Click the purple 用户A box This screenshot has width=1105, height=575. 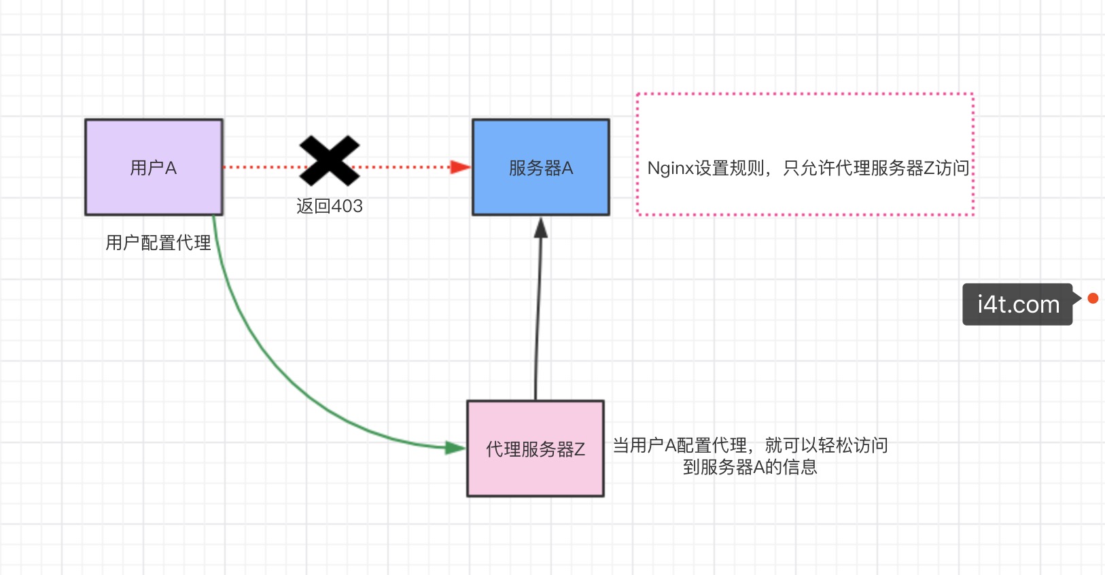(x=154, y=167)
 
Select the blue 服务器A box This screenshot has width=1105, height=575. (x=541, y=167)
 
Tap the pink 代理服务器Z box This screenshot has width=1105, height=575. (x=536, y=449)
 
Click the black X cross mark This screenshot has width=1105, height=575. (x=330, y=161)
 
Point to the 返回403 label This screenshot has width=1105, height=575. (x=330, y=206)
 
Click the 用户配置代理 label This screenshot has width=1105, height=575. (x=158, y=243)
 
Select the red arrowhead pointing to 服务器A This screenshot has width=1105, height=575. (x=461, y=167)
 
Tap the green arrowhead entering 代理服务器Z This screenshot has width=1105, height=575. (x=455, y=448)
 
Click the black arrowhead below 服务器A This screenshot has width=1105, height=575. (x=541, y=228)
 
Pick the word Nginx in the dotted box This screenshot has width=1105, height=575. (x=670, y=169)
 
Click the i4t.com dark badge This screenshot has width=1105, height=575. (x=1017, y=304)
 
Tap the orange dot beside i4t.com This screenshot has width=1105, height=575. (x=1093, y=298)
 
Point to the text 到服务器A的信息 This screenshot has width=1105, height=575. (x=750, y=467)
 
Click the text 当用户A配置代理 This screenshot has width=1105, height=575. (x=680, y=445)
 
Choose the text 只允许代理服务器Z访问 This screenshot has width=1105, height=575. (x=876, y=168)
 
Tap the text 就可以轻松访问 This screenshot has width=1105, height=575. (x=826, y=445)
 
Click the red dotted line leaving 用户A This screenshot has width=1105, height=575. (x=262, y=167)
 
